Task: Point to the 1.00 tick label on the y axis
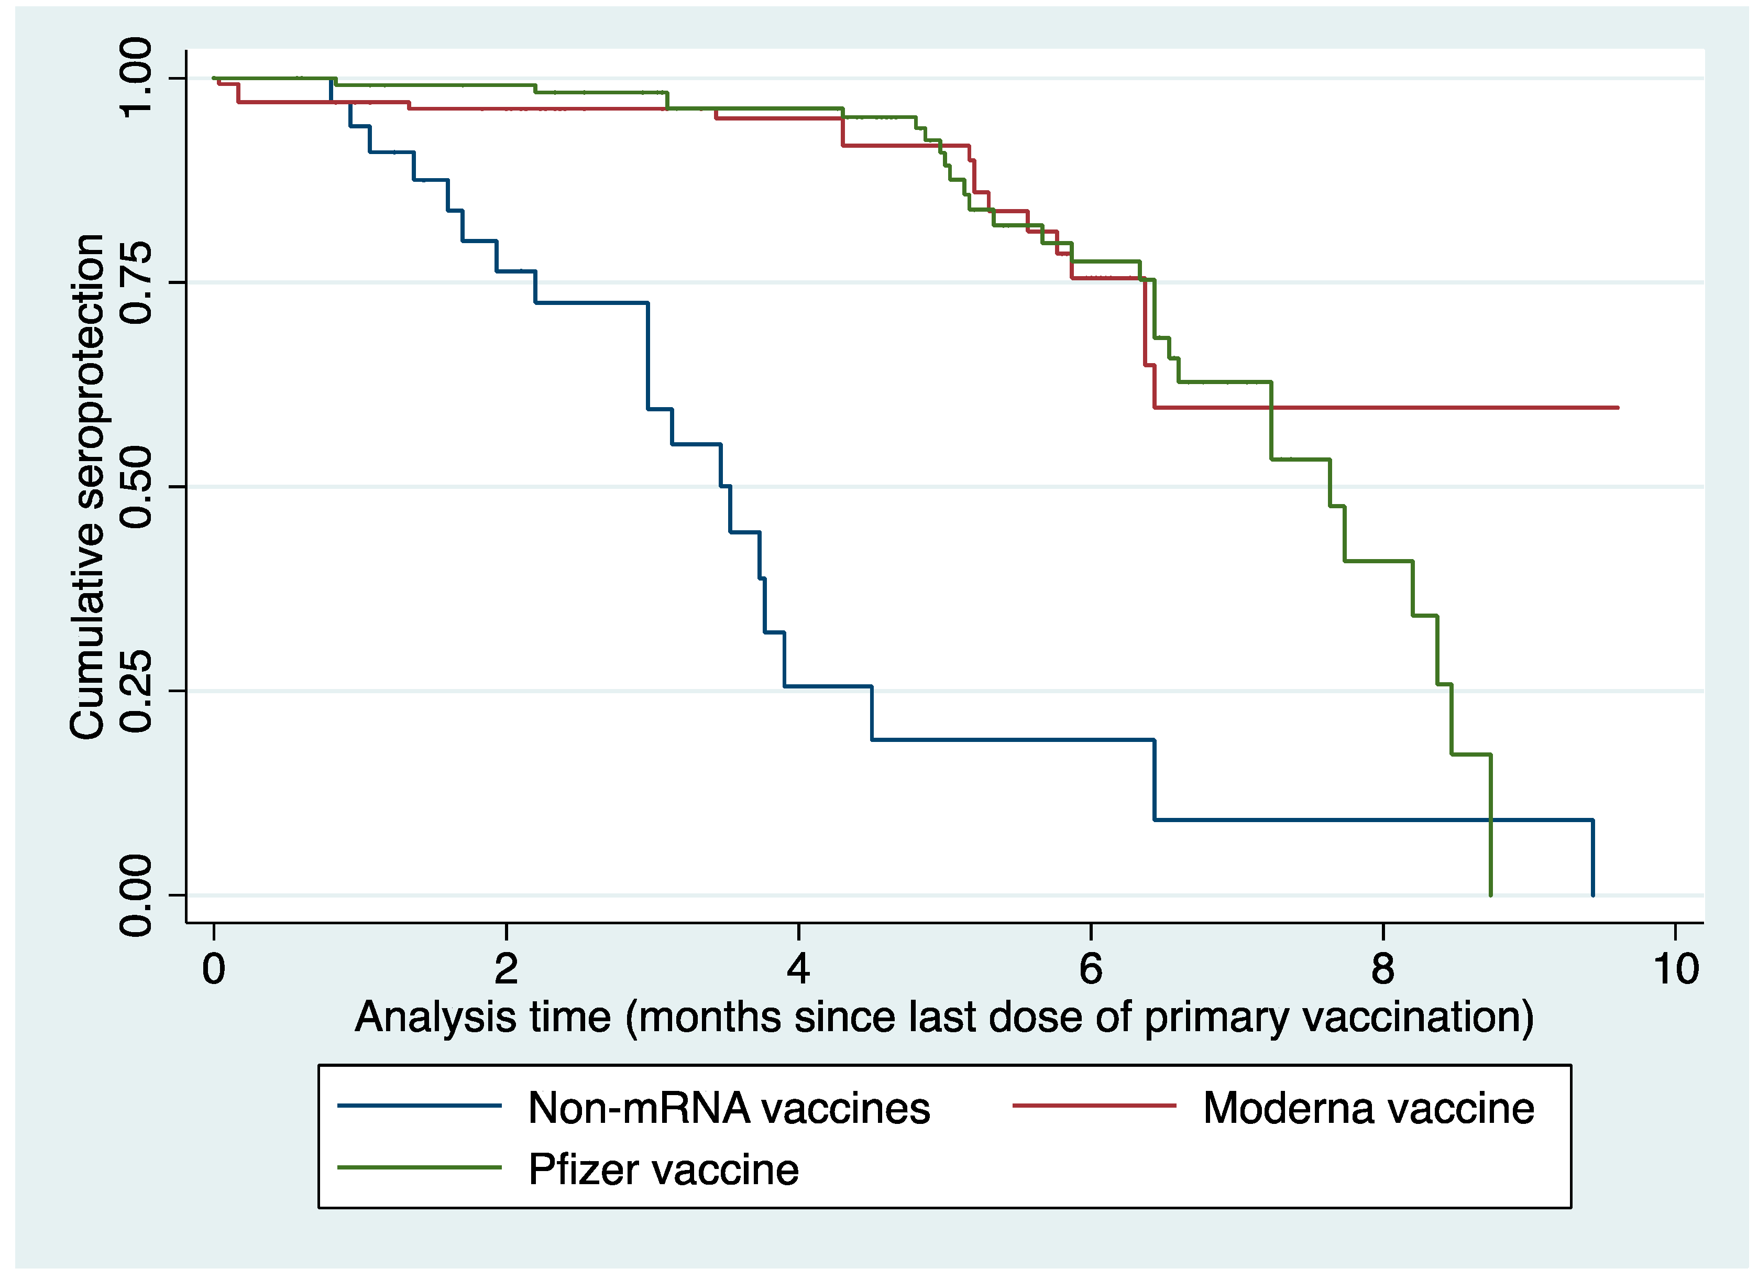point(136,78)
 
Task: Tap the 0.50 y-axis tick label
point(136,487)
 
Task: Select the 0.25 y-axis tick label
point(136,691)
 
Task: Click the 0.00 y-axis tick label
point(136,895)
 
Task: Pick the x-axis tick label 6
point(1091,969)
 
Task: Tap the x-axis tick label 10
point(1676,969)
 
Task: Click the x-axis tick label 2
point(506,969)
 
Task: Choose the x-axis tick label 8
point(1383,969)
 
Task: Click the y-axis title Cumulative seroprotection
point(87,487)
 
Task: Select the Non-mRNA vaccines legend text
point(729,1109)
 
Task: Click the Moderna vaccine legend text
point(1369,1109)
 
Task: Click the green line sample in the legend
point(420,1167)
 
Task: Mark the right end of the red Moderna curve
point(1618,407)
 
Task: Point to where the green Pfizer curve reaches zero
point(1490,894)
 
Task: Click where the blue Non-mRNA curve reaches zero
point(1593,894)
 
